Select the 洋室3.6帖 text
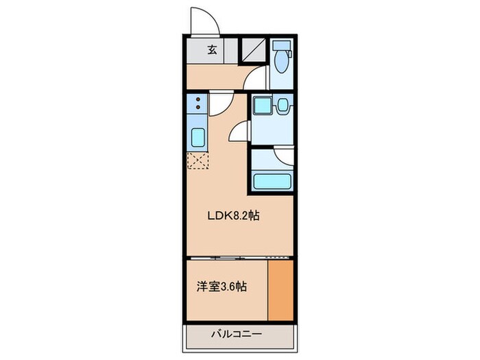point(223,287)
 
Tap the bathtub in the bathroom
point(272,182)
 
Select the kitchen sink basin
point(197,139)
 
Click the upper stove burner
point(198,100)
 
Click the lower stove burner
point(198,108)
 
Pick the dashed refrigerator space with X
point(197,162)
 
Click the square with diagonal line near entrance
point(253,49)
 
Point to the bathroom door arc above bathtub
point(283,156)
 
